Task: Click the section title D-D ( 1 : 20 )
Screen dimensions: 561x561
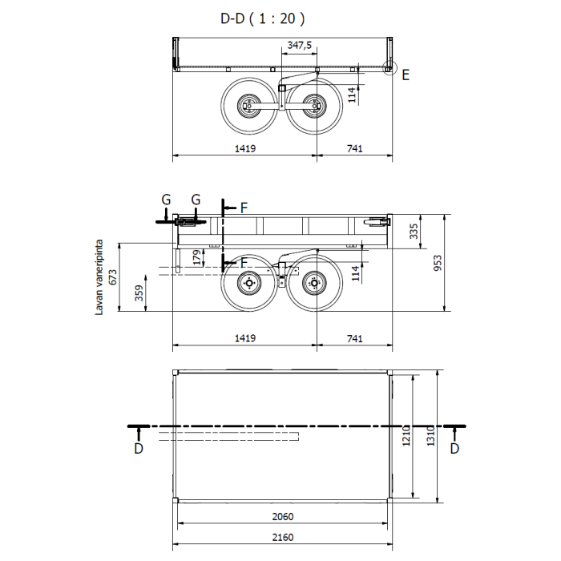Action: pos(263,18)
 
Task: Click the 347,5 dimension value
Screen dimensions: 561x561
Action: pos(300,45)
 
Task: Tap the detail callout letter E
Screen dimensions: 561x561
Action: pos(406,75)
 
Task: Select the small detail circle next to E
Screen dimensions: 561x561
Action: pos(389,67)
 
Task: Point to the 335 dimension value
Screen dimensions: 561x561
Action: pos(414,231)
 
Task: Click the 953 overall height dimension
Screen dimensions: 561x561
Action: pos(438,263)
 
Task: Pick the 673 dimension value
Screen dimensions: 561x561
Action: pos(112,277)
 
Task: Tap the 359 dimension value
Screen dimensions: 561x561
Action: pos(139,293)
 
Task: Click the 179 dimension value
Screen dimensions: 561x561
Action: pos(197,257)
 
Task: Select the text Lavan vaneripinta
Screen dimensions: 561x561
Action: pos(99,277)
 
